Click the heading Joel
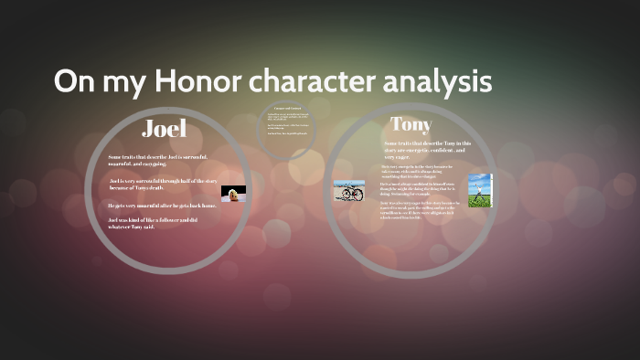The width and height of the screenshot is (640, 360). pyautogui.click(x=165, y=128)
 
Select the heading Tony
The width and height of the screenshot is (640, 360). pyautogui.click(x=411, y=123)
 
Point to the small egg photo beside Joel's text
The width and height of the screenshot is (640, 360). pyautogui.click(x=233, y=194)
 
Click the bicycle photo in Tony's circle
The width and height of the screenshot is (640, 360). pyautogui.click(x=348, y=190)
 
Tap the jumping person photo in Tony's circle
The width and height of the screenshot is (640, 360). pyautogui.click(x=480, y=190)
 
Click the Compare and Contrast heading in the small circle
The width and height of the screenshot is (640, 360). pyautogui.click(x=288, y=109)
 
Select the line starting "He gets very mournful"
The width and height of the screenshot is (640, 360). pyautogui.click(x=161, y=206)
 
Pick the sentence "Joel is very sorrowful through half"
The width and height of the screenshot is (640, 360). pyautogui.click(x=162, y=185)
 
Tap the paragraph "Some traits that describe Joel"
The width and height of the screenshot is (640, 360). pyautogui.click(x=164, y=161)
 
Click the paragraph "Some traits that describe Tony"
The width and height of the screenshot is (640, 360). pyautogui.click(x=427, y=149)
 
